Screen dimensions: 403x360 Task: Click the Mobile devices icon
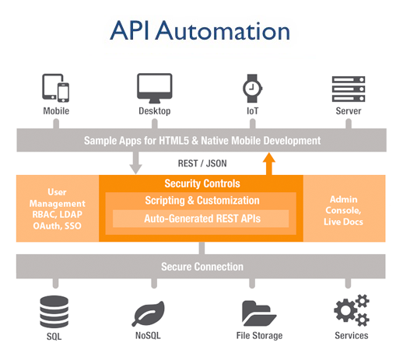point(56,88)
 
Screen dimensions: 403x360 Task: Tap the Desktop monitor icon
point(155,88)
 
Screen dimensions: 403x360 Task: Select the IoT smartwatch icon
point(252,89)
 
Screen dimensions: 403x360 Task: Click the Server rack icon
point(349,89)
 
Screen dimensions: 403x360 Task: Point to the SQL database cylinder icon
point(54,312)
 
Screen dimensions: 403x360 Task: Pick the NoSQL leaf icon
point(149,313)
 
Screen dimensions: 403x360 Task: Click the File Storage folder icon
point(259,313)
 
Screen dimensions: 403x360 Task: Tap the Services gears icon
point(352,310)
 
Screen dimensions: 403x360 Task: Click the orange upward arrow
point(269,164)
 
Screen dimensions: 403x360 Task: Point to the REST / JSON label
point(202,163)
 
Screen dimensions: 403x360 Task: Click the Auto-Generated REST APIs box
point(201,218)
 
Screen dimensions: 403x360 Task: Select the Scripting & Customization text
point(202,201)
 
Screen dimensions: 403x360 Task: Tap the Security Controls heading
point(202,183)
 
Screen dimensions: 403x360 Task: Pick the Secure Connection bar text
point(202,267)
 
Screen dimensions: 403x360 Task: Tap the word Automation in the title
point(223,31)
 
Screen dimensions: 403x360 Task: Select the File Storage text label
point(259,336)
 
